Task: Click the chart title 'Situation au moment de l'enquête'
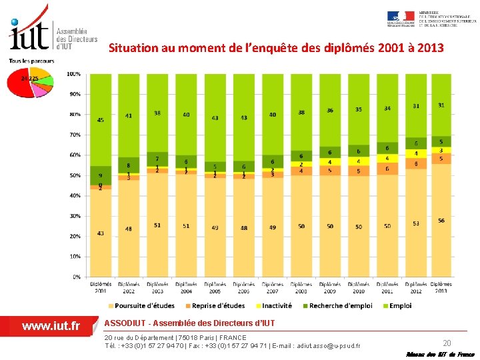(x=275, y=48)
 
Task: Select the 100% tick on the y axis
(x=74, y=73)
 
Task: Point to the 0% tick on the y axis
(x=77, y=277)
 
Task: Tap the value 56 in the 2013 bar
(x=441, y=221)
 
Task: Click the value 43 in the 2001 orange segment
(x=101, y=233)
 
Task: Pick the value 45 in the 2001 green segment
(x=101, y=120)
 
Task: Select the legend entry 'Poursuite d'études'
(x=144, y=306)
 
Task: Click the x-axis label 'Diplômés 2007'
(x=273, y=287)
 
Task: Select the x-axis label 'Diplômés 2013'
(x=441, y=287)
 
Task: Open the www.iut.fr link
(x=51, y=326)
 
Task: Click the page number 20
(x=447, y=343)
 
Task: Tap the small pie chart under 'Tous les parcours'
(x=29, y=82)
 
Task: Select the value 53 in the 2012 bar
(x=416, y=223)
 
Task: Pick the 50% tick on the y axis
(x=75, y=175)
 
